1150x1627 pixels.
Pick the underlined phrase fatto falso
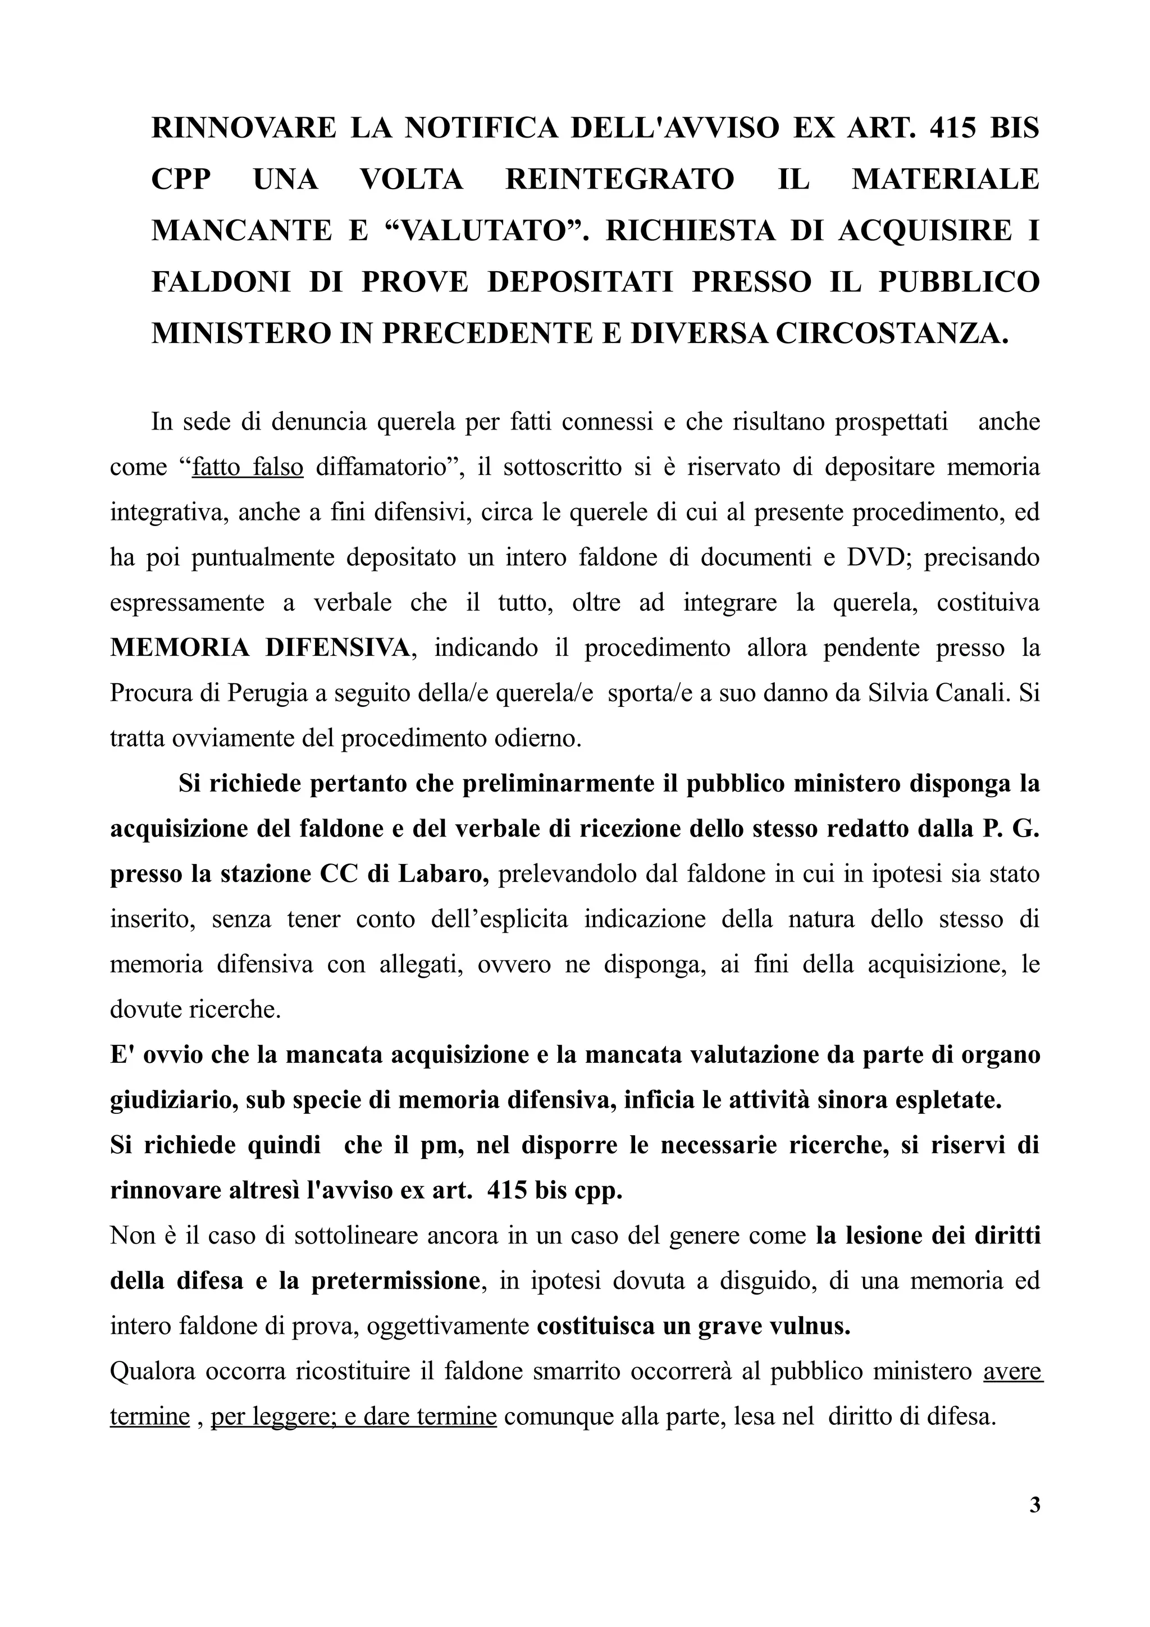pyautogui.click(x=248, y=468)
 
